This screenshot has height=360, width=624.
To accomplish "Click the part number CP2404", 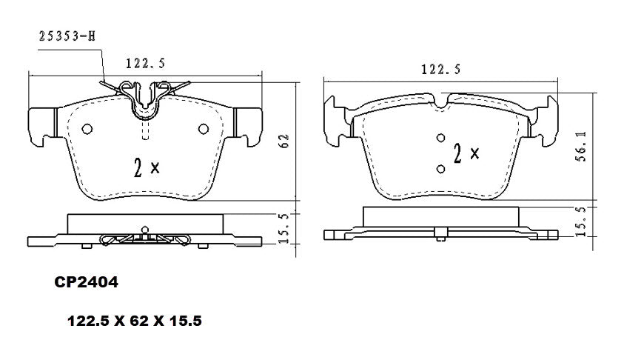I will tap(86, 281).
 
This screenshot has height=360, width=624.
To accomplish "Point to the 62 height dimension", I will tap(283, 142).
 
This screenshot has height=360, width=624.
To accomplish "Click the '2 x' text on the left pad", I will tap(146, 167).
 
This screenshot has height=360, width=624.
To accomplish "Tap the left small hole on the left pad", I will tap(87, 129).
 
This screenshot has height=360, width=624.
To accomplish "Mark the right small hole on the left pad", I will tap(204, 129).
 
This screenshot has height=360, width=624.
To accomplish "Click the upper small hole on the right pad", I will tap(440, 138).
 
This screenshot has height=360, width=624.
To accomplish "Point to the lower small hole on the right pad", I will tap(440, 169).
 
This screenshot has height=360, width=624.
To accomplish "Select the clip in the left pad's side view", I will tap(145, 239).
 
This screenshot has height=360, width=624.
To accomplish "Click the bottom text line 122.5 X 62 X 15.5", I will tap(135, 322).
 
